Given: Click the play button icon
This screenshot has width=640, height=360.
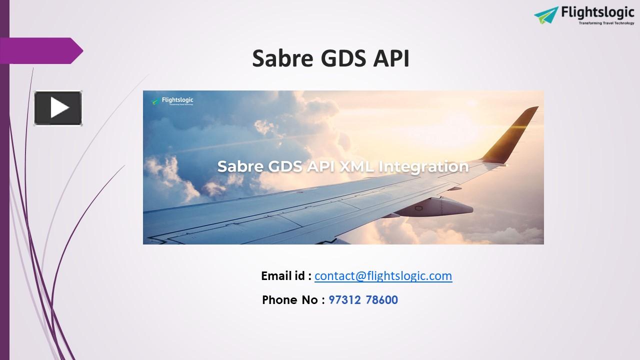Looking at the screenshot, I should (58, 108).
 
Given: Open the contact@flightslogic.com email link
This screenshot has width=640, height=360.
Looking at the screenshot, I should (383, 275).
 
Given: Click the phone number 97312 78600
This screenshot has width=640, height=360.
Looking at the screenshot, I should (363, 300).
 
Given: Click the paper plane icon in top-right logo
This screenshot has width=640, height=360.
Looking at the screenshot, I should (546, 15).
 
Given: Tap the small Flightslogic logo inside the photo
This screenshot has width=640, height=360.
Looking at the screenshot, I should (172, 101).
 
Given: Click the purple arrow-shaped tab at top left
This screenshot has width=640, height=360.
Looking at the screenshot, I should (42, 50).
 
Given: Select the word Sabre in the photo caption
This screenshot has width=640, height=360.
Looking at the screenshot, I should (240, 166).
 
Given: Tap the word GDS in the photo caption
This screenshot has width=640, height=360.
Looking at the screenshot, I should (284, 166).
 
